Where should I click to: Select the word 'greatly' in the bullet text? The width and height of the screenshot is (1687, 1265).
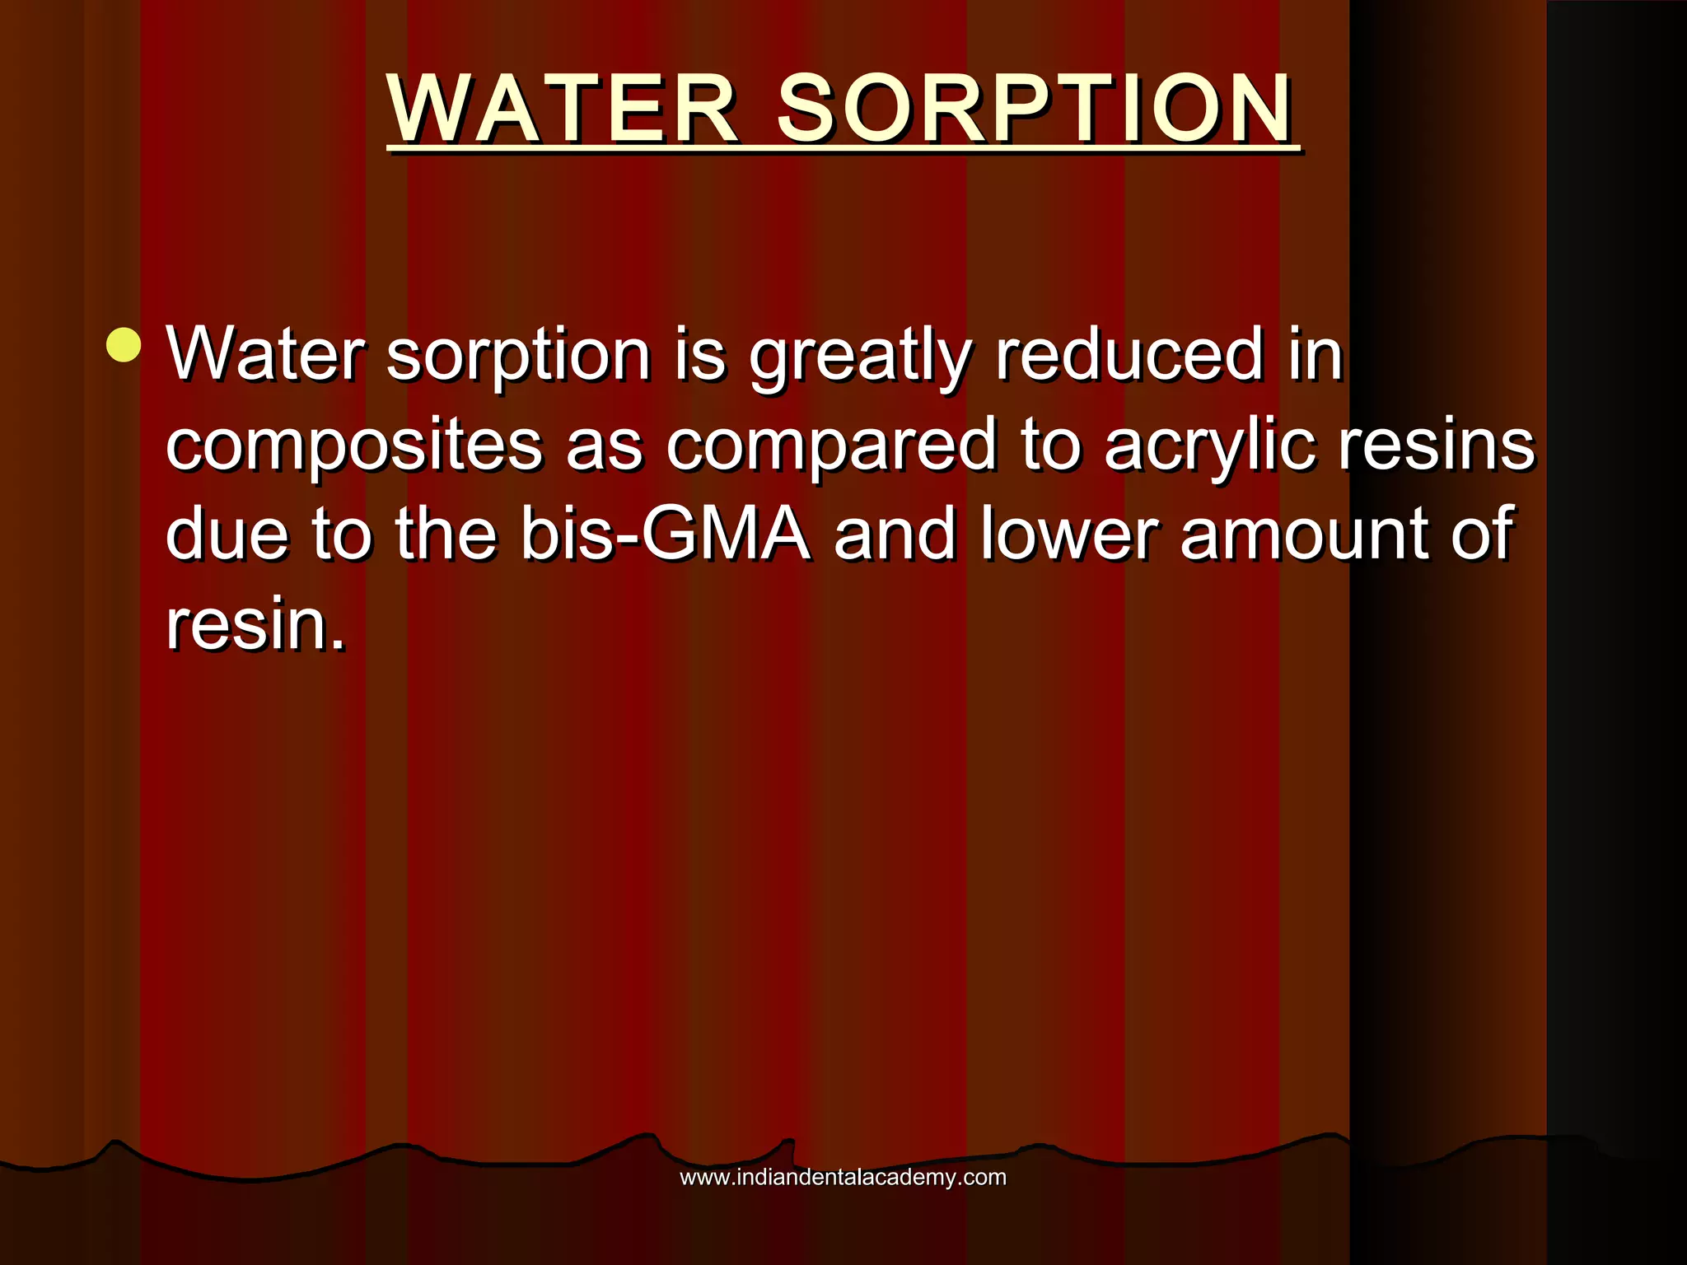[x=861, y=356]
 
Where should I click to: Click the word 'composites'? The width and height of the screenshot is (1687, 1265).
[x=354, y=446]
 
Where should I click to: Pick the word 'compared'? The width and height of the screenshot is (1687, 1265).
[x=832, y=446]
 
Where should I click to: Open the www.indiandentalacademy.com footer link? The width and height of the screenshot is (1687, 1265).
[x=843, y=1177]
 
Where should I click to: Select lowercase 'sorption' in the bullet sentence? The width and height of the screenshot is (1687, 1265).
[x=519, y=356]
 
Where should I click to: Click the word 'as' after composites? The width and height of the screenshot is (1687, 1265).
[x=604, y=446]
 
